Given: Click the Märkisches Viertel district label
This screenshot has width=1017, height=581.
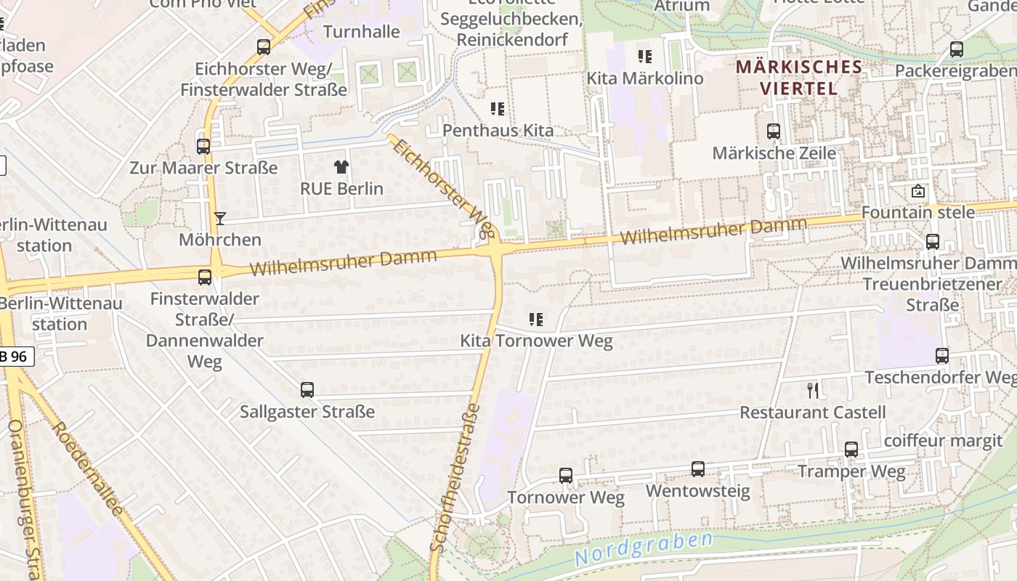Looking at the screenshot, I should point(798,78).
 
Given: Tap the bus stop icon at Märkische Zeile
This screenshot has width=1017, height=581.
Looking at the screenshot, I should point(774,131).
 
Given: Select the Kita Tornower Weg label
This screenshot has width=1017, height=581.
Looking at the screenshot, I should point(536,341).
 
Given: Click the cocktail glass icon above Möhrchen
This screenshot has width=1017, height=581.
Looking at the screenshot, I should point(219,219).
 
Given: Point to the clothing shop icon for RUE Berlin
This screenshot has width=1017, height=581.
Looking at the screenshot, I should point(341,167).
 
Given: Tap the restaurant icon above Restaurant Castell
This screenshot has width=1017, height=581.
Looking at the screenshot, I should point(813,391).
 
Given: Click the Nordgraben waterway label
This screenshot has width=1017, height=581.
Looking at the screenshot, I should point(643,548).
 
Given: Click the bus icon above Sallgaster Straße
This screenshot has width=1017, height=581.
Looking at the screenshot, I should point(307,390).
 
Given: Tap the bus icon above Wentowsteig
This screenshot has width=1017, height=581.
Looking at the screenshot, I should point(698,469).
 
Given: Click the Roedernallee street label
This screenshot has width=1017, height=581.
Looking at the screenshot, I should point(88,468).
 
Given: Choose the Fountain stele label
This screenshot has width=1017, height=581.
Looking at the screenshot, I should point(917,213).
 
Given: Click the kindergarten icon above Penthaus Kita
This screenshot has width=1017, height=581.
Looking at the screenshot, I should point(498,109).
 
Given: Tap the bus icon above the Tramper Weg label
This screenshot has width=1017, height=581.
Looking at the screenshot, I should point(851,450).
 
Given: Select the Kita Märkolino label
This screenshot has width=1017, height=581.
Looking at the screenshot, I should point(644,78).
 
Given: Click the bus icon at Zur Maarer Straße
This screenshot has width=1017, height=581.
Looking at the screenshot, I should point(203,147).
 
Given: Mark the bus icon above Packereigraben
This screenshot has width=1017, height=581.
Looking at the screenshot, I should point(957,49).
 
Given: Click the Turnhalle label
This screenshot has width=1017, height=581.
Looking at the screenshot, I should point(361,32).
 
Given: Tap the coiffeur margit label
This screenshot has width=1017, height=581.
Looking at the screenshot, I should point(943,441).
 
